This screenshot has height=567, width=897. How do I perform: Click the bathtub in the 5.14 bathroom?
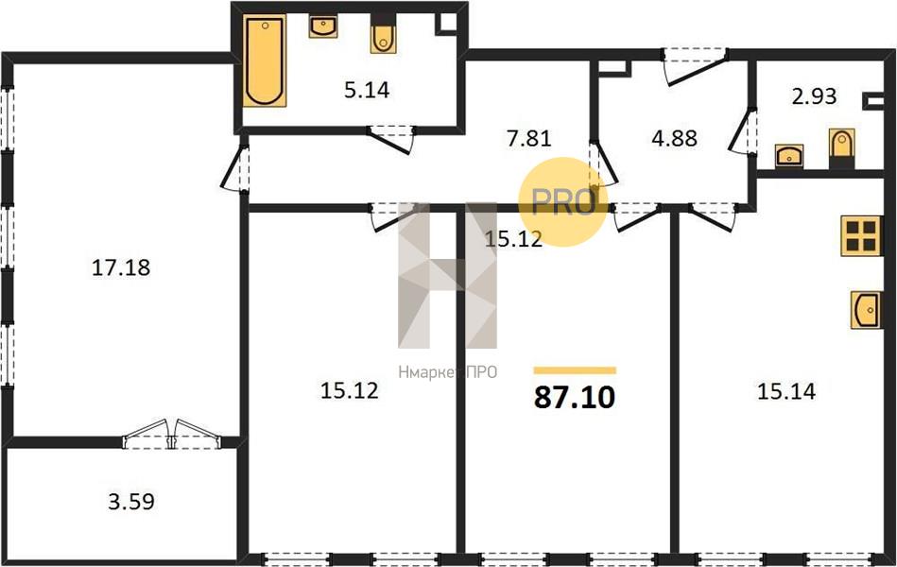click(x=265, y=61)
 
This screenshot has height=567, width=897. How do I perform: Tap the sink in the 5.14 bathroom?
click(x=323, y=26)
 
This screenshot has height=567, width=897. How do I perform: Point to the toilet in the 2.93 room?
click(x=841, y=148)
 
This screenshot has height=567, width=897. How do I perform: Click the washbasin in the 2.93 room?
click(x=789, y=156)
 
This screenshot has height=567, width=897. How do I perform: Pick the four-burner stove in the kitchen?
click(x=861, y=235)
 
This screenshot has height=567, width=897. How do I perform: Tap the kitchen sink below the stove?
click(x=866, y=310)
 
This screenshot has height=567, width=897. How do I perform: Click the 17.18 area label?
click(x=121, y=267)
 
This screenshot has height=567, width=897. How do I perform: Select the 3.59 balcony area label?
click(x=131, y=502)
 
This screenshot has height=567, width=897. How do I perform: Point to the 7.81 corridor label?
click(x=528, y=138)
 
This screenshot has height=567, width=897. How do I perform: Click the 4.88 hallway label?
click(x=675, y=138)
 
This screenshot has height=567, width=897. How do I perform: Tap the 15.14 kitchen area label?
click(x=786, y=391)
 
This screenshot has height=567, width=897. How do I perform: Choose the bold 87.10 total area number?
click(x=575, y=397)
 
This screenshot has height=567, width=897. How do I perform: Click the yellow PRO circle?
click(x=562, y=201)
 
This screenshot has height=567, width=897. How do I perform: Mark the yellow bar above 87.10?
click(x=575, y=370)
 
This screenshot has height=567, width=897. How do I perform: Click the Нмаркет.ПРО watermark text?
click(x=448, y=372)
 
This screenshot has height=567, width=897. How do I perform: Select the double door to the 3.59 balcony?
click(x=172, y=434)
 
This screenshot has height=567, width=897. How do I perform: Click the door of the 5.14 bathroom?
click(x=390, y=139)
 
